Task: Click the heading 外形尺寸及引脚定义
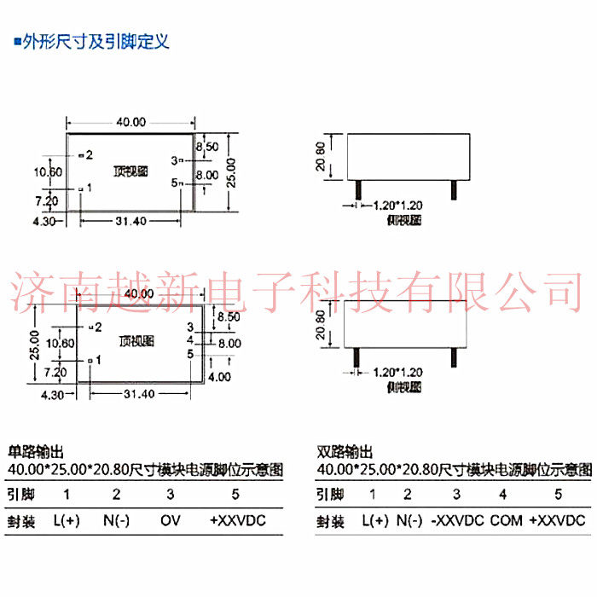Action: pos(96,41)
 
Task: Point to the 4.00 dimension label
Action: pos(219,375)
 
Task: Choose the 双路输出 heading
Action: pos(345,452)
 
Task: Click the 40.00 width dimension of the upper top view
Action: pos(131,122)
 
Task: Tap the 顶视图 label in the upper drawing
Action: pos(130,171)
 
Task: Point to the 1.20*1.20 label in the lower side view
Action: pos(398,372)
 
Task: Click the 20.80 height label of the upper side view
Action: pos(321,158)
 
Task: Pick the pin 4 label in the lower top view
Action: pos(191,339)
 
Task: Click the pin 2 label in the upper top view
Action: pos(89,154)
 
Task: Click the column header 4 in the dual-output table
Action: pos(503,494)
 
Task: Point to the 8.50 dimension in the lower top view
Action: pos(229,316)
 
